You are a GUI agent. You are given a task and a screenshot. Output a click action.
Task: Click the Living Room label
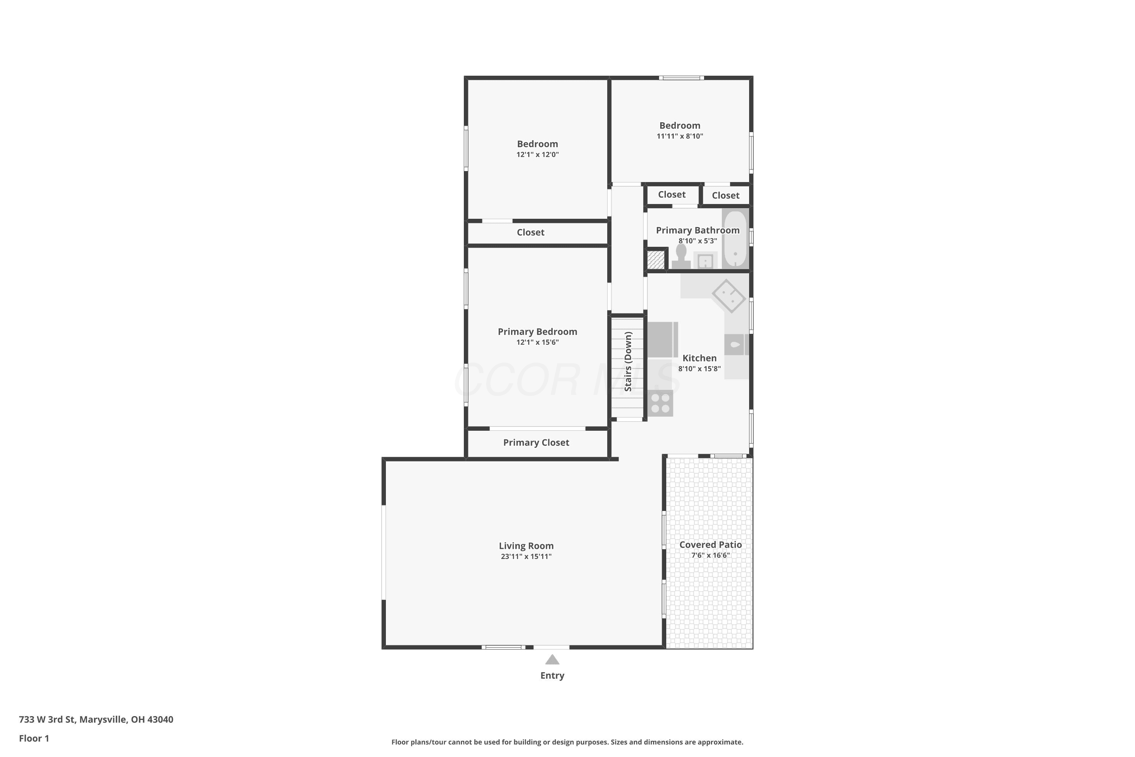526,545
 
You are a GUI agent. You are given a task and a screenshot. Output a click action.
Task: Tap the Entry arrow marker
552,659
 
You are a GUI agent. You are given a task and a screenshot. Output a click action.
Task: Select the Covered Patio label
711,545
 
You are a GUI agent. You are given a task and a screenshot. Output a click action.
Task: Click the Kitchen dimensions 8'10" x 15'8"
699,369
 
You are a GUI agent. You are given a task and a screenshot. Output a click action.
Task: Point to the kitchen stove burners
660,403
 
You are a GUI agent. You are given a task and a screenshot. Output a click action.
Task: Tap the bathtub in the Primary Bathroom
735,238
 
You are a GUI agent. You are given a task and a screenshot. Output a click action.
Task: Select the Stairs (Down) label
628,361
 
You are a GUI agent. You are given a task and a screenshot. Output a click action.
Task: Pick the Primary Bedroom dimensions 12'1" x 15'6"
538,342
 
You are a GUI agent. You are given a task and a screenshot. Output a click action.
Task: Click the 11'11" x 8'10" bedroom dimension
679,136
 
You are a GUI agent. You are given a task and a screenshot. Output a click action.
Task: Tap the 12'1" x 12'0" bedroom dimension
538,154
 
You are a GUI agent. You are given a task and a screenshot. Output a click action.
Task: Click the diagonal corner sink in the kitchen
729,296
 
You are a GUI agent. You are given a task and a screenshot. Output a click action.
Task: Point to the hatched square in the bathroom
656,260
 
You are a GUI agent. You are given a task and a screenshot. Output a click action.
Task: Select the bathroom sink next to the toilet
705,260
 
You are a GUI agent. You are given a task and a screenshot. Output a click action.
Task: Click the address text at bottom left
96,720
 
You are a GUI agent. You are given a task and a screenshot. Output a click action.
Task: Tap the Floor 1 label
34,738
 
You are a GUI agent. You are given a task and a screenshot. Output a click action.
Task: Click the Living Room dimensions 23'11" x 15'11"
526,556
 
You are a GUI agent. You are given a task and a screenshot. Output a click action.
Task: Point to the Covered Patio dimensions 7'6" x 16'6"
711,555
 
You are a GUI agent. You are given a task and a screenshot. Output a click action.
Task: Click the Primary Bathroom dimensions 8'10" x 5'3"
698,241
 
